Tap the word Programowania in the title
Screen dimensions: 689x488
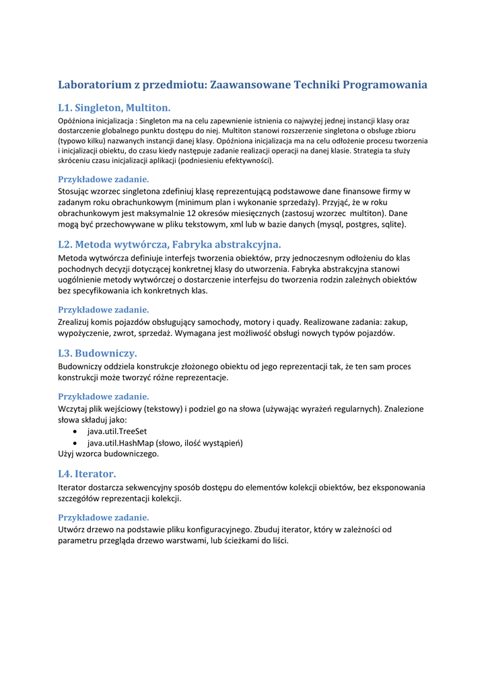(386, 85)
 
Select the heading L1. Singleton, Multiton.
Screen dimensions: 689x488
(114, 107)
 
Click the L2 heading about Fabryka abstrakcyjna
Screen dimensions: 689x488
(170, 244)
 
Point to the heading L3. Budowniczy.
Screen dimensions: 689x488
(98, 353)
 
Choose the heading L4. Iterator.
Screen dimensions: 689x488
(87, 473)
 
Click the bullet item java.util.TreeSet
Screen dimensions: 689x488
(117, 431)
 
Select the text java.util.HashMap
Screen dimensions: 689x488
(120, 443)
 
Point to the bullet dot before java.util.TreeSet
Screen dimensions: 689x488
(75, 431)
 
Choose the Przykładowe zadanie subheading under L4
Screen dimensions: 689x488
(104, 517)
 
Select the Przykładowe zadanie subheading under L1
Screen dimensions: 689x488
(104, 179)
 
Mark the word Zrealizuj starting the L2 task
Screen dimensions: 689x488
(77, 322)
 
